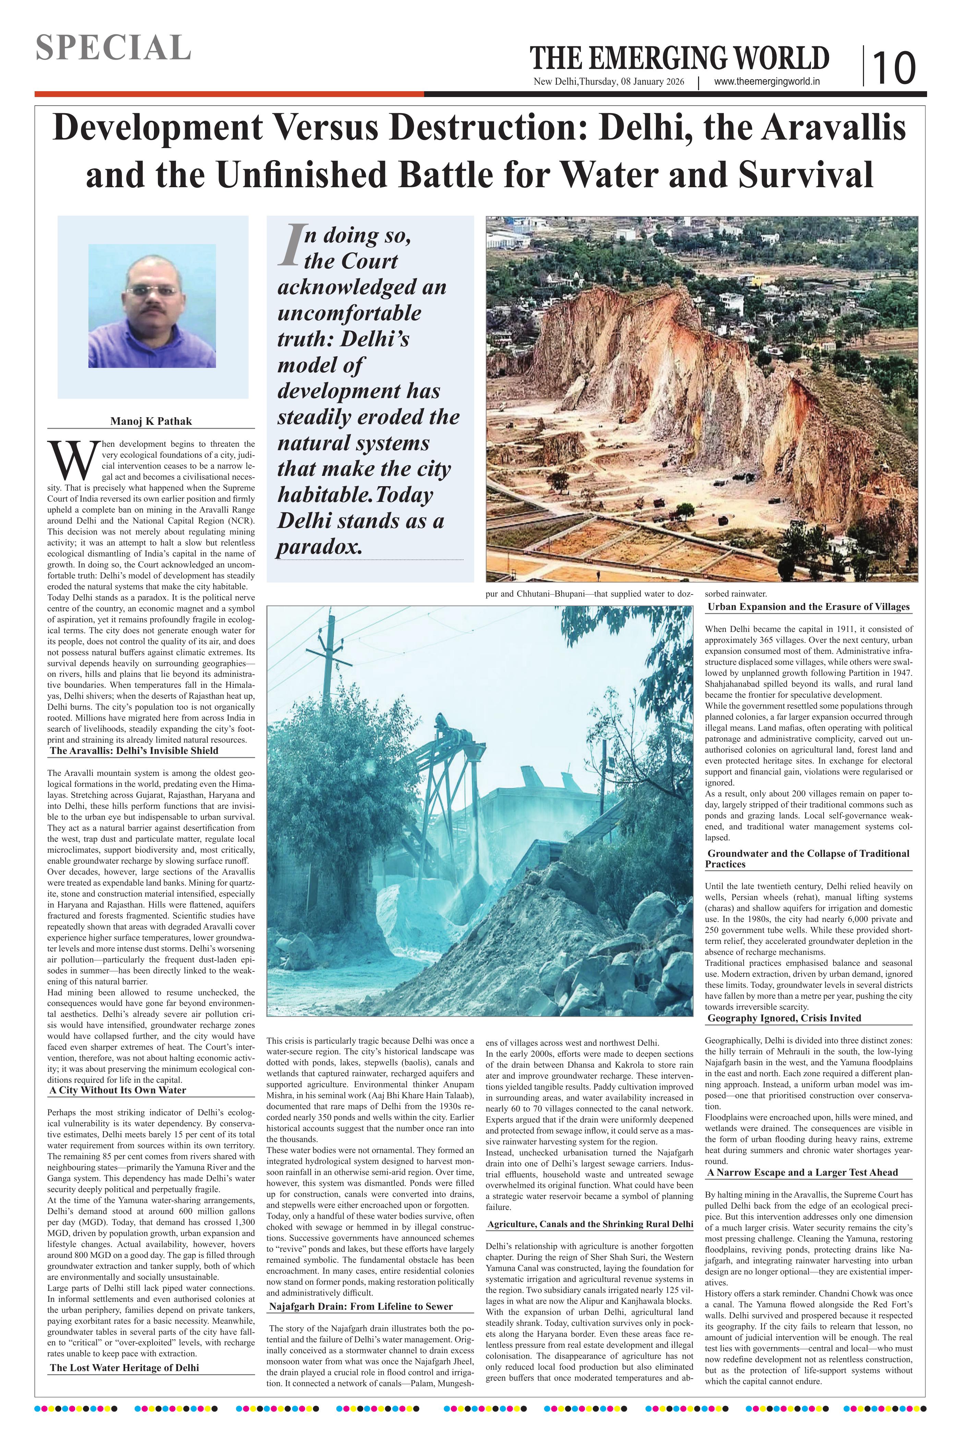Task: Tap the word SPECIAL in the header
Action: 113,48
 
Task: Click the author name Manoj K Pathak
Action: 151,421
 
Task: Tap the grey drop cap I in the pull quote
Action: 290,245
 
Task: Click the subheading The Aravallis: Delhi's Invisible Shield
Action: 134,750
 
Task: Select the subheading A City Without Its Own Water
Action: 118,1090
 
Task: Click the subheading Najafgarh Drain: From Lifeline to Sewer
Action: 361,1306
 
